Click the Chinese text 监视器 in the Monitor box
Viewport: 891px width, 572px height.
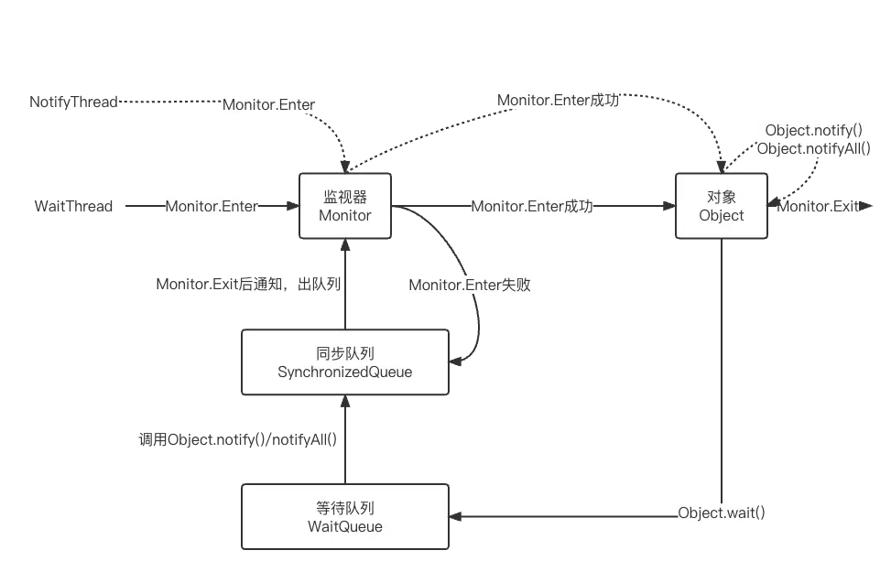point(345,196)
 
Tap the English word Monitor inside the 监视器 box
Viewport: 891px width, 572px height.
point(345,216)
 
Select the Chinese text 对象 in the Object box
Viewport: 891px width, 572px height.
point(722,196)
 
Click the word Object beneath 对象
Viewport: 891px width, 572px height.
point(722,216)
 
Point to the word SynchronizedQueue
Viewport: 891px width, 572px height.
point(345,372)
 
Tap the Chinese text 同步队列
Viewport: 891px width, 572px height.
point(345,353)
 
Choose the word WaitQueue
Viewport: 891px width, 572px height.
point(345,527)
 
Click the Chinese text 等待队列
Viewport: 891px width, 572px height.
point(345,508)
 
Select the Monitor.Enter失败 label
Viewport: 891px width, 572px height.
point(471,286)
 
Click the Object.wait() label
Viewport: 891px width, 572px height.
point(722,513)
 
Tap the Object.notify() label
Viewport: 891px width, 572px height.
point(813,130)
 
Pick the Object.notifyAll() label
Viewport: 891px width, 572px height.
point(813,148)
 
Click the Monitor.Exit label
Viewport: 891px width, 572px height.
point(820,208)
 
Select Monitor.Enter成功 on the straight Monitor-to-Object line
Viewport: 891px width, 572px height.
point(532,208)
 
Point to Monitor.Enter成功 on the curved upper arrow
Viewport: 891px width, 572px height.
point(558,101)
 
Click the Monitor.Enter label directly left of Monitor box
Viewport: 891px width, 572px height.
point(213,208)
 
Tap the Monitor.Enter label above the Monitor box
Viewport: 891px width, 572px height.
point(269,105)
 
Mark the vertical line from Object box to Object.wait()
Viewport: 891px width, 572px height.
point(722,366)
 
